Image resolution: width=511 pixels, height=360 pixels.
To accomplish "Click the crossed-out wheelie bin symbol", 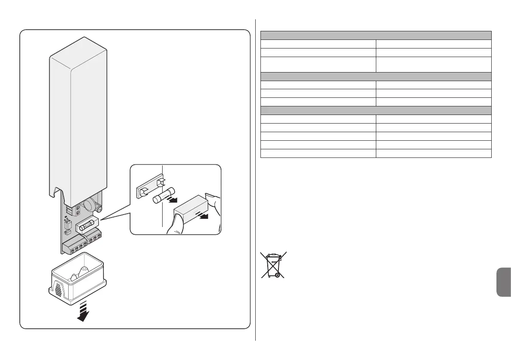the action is coord(273,265).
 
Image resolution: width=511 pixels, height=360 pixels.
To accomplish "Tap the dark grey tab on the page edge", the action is coord(503,282).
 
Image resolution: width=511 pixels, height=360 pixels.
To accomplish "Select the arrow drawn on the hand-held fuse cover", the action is coord(201,215).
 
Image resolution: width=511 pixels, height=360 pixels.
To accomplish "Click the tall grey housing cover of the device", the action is coord(78,120).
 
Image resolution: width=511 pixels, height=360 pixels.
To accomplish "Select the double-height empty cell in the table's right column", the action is coord(433,65).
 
